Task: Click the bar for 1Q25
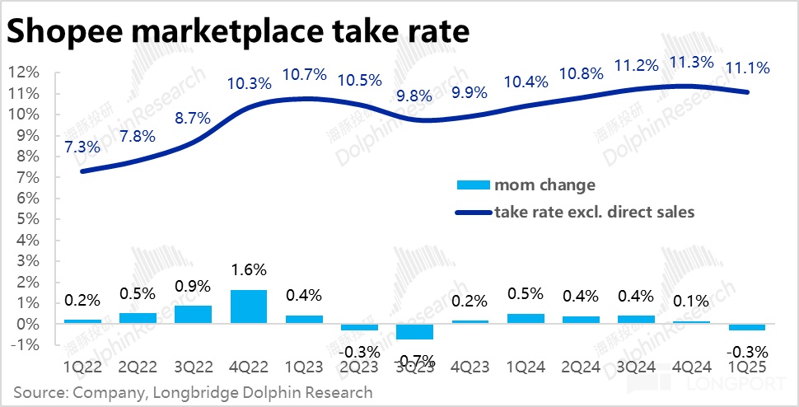(746, 327)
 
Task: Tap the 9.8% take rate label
(414, 96)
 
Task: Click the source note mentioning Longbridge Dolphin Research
(193, 392)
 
